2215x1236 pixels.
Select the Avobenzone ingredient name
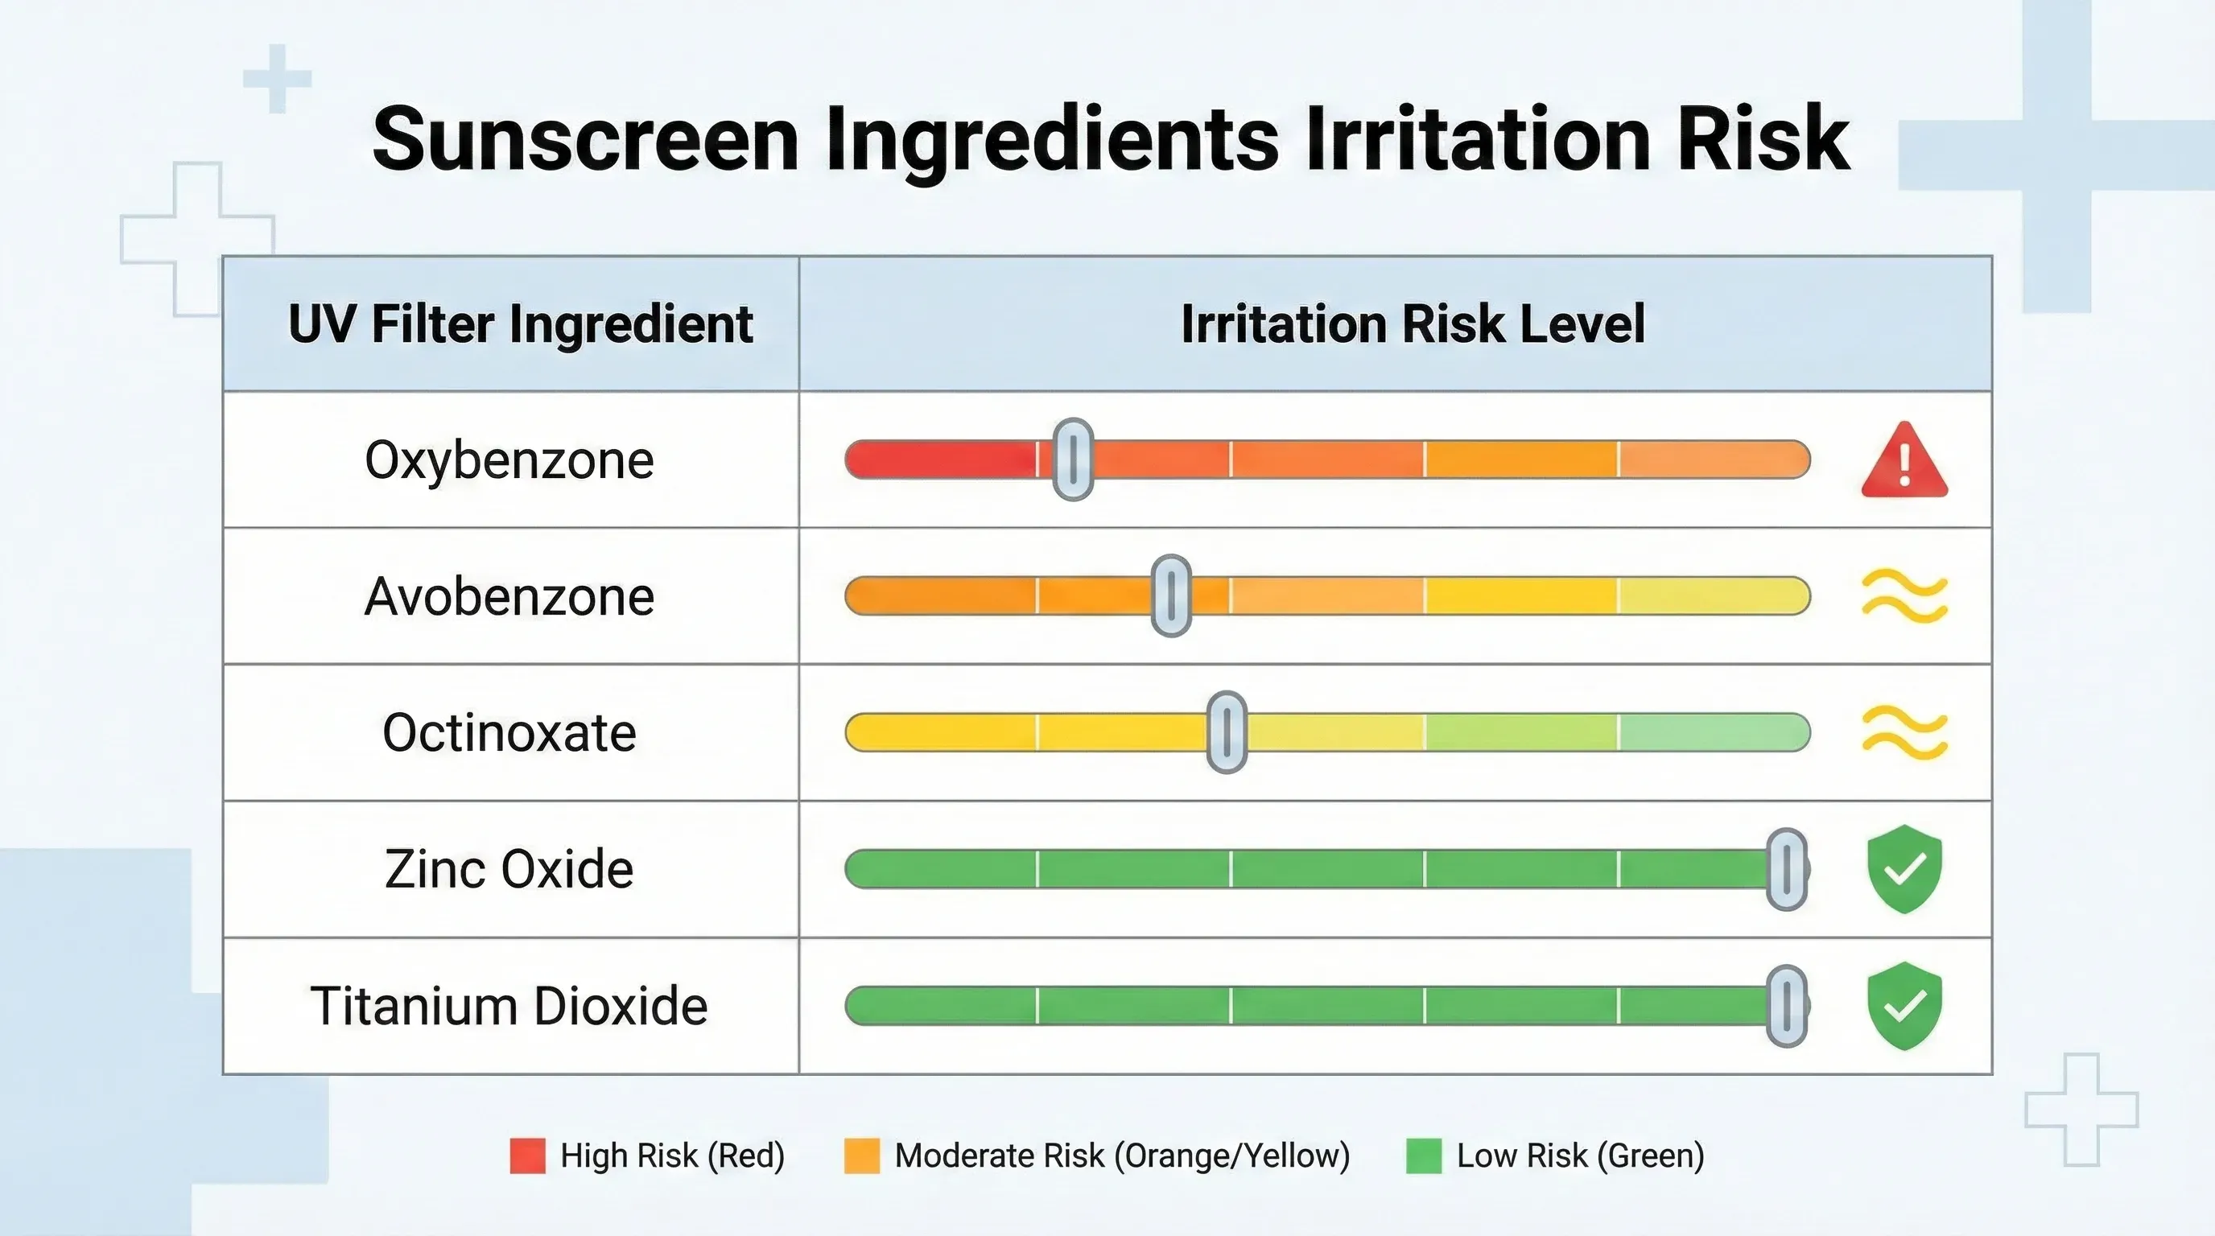coord(509,596)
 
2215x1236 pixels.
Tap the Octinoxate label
coord(509,733)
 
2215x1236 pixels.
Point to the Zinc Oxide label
coord(509,869)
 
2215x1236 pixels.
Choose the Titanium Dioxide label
coord(509,1006)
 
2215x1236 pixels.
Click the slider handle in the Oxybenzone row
coord(1073,459)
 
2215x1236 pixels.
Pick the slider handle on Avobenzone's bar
coord(1171,595)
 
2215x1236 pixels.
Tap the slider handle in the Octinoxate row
coord(1227,732)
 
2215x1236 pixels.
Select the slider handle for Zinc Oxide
coord(1787,869)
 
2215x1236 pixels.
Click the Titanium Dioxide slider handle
coord(1787,1006)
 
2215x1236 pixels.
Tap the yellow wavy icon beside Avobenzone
coord(1904,595)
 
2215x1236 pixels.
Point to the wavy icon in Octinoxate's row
coord(1904,732)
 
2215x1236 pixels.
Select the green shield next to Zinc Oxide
coord(1904,869)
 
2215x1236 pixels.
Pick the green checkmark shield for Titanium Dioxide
coord(1904,1006)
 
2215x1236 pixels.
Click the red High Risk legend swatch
coord(527,1156)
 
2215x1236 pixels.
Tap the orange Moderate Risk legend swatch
coord(861,1156)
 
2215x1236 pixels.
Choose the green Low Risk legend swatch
coord(1423,1156)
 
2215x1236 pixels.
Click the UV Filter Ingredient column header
coord(520,324)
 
